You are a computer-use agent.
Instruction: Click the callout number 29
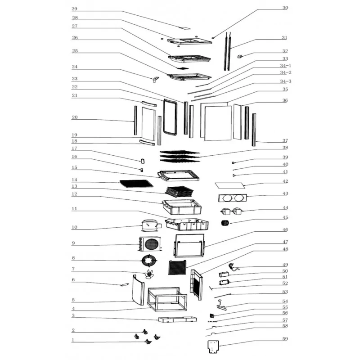point(75,9)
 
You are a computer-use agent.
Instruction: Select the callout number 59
point(285,339)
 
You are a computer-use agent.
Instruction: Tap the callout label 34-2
point(285,72)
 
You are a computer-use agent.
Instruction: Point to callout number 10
point(75,227)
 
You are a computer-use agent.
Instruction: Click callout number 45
point(285,218)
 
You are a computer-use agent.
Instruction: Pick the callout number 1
point(73,340)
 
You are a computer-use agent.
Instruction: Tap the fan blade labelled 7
point(149,275)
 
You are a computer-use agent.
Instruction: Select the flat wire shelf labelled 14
point(136,183)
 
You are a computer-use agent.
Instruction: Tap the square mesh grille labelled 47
point(177,268)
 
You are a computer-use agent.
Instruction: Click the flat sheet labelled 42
point(230,185)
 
